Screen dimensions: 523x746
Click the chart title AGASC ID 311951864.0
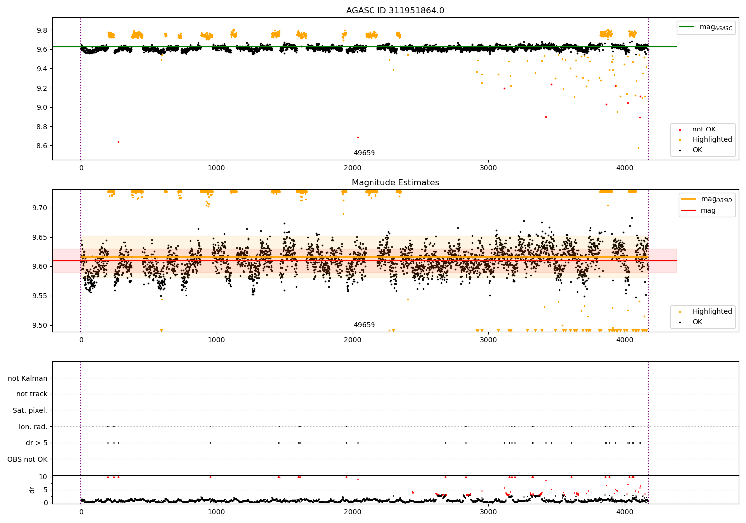tap(395, 11)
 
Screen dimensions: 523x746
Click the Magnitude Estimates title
tap(395, 183)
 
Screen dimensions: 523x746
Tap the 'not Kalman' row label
tap(28, 378)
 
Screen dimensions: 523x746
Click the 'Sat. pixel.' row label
tap(30, 410)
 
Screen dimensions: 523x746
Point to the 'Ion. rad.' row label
tap(33, 427)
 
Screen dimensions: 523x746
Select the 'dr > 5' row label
tap(36, 443)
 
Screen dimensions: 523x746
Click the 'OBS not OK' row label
tap(27, 459)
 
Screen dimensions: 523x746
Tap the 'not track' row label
tap(32, 394)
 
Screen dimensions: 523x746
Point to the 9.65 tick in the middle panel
tap(39, 237)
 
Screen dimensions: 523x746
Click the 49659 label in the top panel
tap(364, 153)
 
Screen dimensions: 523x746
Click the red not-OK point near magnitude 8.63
tap(118, 142)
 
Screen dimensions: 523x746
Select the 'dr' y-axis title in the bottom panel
tap(32, 490)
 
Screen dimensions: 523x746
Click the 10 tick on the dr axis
tap(43, 477)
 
